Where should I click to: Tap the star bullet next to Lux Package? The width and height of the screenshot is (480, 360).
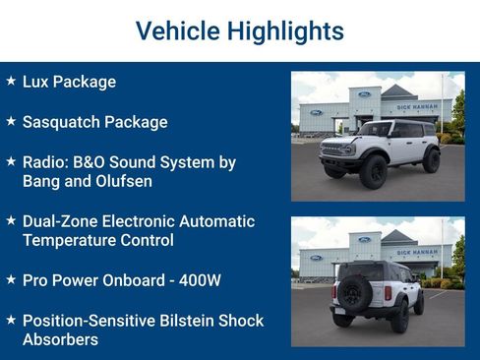[11, 81]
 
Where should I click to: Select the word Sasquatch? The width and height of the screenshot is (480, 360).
[62, 122]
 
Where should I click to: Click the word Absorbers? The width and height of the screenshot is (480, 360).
[60, 339]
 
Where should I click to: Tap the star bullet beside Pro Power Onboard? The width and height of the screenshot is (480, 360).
[11, 279]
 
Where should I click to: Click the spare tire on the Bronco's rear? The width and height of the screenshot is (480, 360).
[352, 293]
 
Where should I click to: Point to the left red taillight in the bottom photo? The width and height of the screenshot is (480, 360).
[334, 292]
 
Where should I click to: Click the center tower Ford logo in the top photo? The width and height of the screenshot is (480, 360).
[365, 94]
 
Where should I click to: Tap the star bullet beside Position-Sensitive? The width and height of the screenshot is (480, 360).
[11, 320]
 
